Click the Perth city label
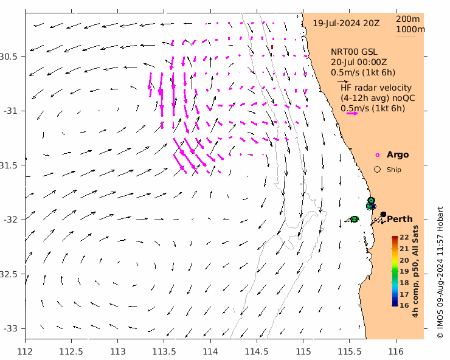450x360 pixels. point(400,219)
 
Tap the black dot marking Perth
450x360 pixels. point(383,214)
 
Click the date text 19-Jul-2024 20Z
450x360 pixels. point(346,23)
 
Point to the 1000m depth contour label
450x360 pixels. point(410,29)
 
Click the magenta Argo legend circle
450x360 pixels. point(377,155)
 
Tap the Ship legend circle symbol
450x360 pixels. point(377,170)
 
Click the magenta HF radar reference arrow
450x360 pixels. point(351,113)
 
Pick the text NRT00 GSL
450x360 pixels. point(353,52)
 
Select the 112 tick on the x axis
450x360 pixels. point(25,351)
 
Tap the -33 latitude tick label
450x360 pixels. point(11,328)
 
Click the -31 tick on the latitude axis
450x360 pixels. point(11,111)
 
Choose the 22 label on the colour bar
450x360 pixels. point(404,238)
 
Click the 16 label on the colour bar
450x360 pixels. point(404,305)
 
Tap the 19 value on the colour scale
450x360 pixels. point(404,271)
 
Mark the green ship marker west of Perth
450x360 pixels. point(354,219)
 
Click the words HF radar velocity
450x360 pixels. point(376,88)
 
